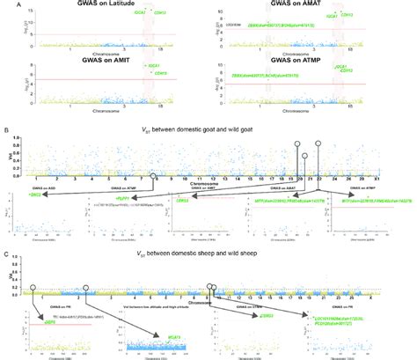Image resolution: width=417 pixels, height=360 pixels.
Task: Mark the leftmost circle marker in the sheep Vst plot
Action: pos(33,263)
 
